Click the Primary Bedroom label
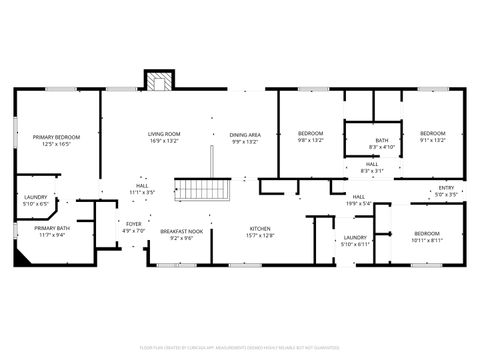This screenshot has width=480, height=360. (x=56, y=139)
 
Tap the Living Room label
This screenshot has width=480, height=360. (x=164, y=136)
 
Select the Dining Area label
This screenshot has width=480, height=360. (x=245, y=138)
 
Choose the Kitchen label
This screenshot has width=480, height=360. (x=259, y=232)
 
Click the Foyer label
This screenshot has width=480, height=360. (x=133, y=227)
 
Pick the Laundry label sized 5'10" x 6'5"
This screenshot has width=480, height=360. (x=36, y=200)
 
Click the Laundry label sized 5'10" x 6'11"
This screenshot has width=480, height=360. (x=355, y=241)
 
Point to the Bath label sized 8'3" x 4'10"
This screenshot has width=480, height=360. (x=381, y=144)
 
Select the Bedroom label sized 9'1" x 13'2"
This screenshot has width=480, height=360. (x=432, y=136)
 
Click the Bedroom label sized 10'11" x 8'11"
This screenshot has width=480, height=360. (x=424, y=237)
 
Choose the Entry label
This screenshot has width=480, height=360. (x=447, y=192)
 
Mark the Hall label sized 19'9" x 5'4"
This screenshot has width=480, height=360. (x=358, y=200)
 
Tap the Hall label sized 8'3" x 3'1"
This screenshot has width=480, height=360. (x=370, y=167)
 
